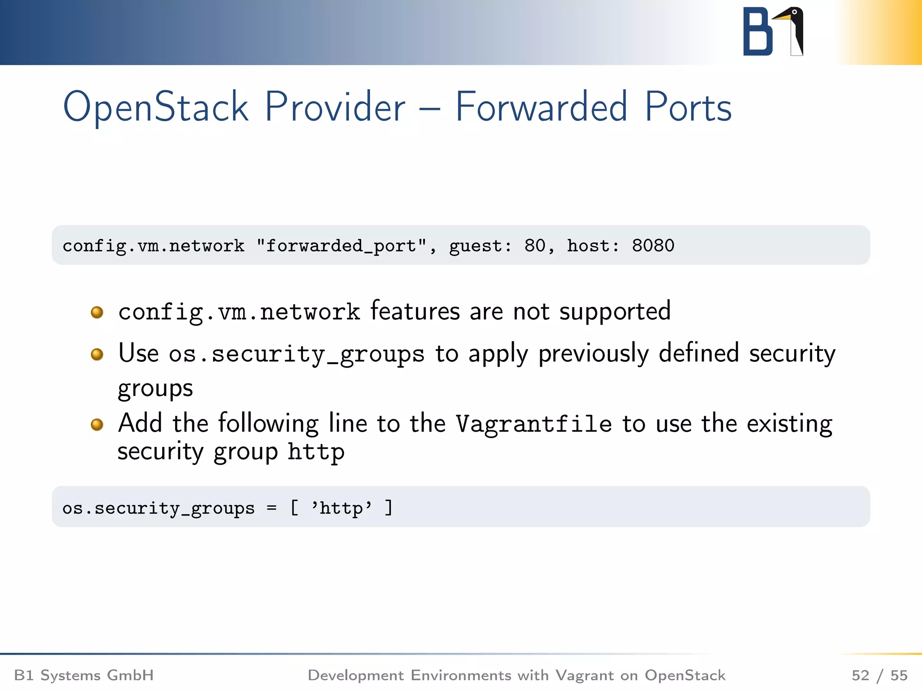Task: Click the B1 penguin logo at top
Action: click(773, 32)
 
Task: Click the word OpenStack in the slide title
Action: click(155, 107)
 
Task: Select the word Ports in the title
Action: click(688, 107)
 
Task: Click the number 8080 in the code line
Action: click(653, 246)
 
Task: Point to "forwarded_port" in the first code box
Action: click(341, 246)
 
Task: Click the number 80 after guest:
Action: click(534, 246)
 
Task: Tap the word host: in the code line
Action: click(593, 246)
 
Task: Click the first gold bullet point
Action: click(97, 312)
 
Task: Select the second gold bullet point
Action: click(97, 354)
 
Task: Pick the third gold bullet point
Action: click(97, 424)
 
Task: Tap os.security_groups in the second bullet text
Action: click(296, 354)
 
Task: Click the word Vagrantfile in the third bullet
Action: click(533, 424)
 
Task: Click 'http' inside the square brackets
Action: click(342, 508)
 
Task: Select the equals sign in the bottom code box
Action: click(271, 508)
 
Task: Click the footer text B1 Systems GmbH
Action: click(84, 675)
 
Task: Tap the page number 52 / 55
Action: click(879, 675)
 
